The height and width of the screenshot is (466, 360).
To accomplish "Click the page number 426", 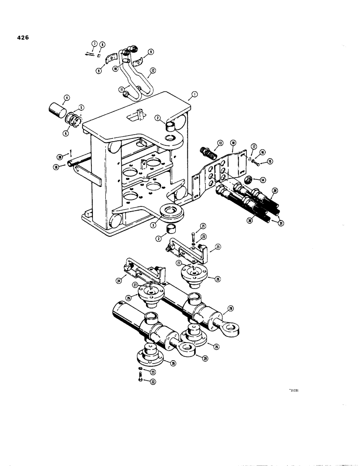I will (x=21, y=38).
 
